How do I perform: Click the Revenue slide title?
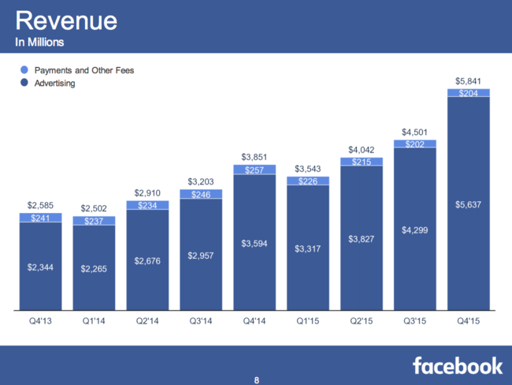click(66, 20)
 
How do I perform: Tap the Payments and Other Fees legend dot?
click(24, 70)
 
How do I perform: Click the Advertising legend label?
click(54, 83)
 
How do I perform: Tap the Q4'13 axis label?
click(39, 322)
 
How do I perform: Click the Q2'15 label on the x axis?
click(361, 322)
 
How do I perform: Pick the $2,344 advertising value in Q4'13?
click(39, 267)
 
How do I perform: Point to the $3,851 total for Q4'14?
click(254, 156)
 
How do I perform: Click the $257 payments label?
click(254, 170)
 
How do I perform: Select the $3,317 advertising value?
click(307, 249)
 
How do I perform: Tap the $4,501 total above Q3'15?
click(414, 132)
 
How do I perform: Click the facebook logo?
click(457, 364)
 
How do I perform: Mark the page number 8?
click(256, 379)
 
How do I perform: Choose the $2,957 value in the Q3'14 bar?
click(200, 256)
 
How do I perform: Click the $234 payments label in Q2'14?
click(147, 205)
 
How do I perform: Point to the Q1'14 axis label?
click(93, 322)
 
